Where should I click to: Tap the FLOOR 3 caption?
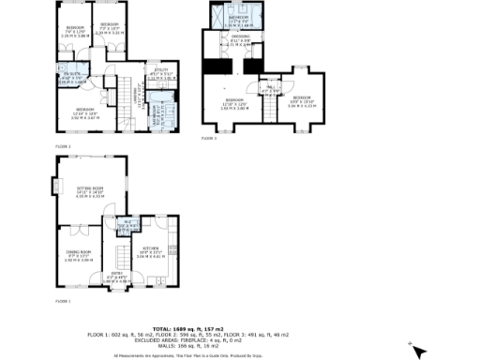click(x=207, y=138)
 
